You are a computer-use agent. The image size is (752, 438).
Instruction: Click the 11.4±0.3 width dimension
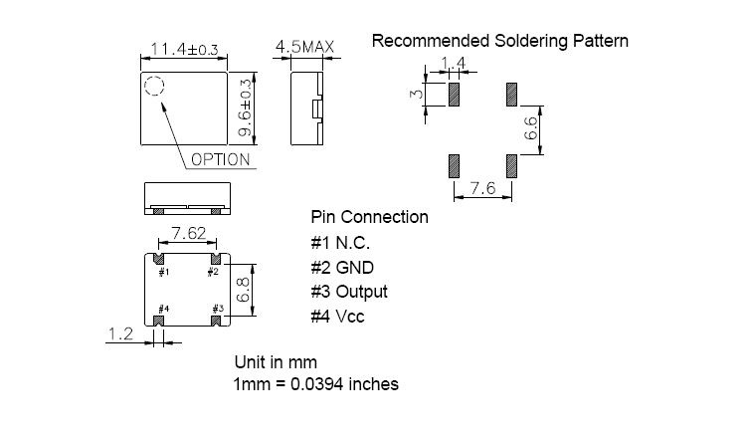tap(185, 49)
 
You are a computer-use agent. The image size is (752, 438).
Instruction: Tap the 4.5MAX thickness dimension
tap(305, 47)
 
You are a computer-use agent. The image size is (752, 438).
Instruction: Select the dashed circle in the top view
tap(154, 86)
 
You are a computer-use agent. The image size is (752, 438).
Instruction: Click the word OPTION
tap(221, 159)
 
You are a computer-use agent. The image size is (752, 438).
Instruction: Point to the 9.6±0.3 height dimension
tap(245, 108)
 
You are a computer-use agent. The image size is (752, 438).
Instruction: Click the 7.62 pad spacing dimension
tap(188, 233)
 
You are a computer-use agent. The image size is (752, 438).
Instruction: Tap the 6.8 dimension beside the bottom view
tap(244, 291)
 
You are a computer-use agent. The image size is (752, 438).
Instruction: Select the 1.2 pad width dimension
tap(121, 333)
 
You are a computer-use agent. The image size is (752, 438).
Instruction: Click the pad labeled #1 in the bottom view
tap(159, 259)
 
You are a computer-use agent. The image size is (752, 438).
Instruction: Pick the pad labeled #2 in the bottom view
tap(216, 259)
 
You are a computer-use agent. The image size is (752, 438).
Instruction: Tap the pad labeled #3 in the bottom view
tap(216, 321)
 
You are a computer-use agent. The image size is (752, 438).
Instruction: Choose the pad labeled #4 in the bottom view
tap(159, 321)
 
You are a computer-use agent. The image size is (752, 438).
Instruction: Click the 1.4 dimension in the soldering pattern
tap(453, 63)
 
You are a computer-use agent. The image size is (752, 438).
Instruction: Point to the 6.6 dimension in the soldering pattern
tap(531, 128)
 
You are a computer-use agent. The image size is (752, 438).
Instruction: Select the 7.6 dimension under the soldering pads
tap(483, 188)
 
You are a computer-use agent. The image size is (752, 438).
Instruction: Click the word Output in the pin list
tap(361, 292)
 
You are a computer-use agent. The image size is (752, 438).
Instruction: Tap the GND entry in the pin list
tap(354, 268)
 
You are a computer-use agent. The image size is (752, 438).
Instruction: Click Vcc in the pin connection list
tap(349, 317)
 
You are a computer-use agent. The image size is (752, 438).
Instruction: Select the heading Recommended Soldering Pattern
tap(499, 41)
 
